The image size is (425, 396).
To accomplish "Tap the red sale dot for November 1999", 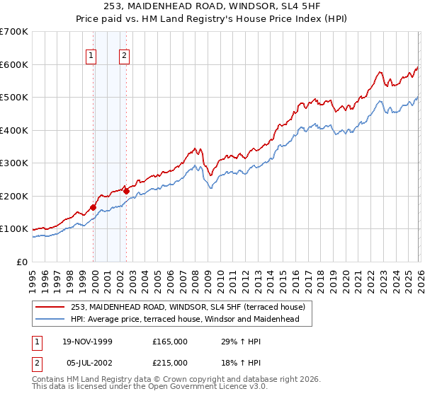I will point(93,207).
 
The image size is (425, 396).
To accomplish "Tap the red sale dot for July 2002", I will point(126,190).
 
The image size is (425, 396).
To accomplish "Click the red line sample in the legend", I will point(51,307).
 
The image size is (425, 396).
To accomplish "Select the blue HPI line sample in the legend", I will point(51,320).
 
